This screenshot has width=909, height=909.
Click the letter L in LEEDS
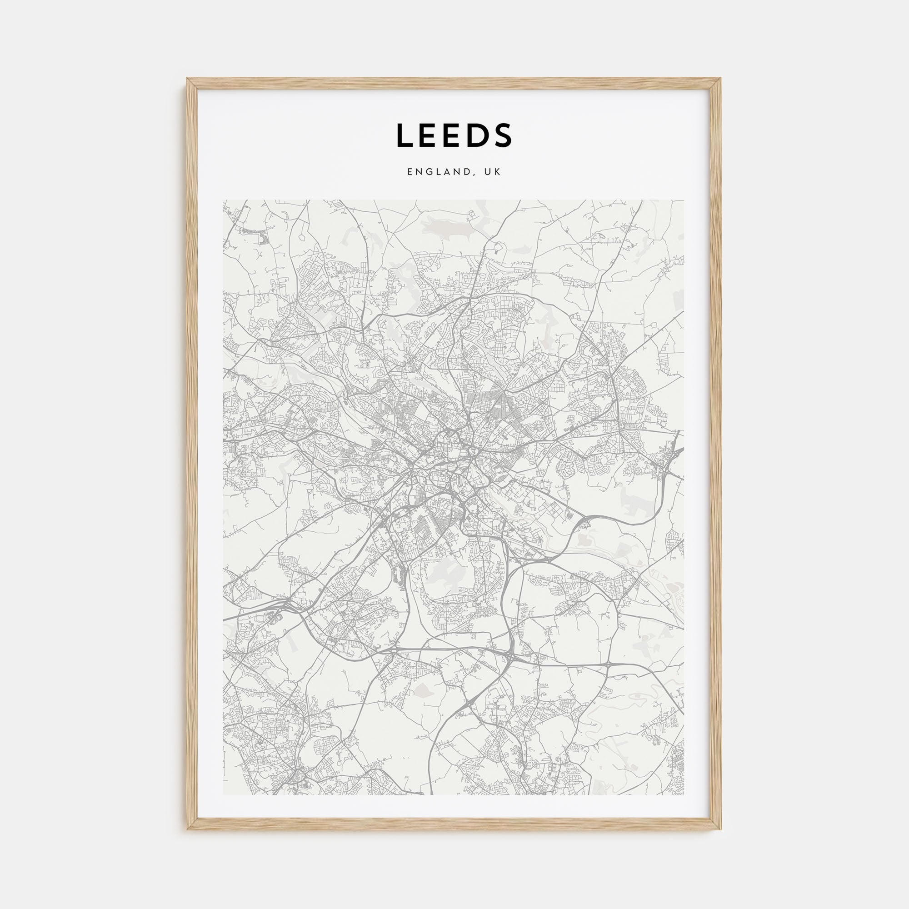coord(405,135)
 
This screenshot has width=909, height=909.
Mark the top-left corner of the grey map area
coord(224,200)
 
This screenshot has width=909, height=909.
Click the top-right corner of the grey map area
coord(684,200)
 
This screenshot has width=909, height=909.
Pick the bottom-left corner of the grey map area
coord(224,794)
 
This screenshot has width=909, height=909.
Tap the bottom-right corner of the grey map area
coord(684,794)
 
